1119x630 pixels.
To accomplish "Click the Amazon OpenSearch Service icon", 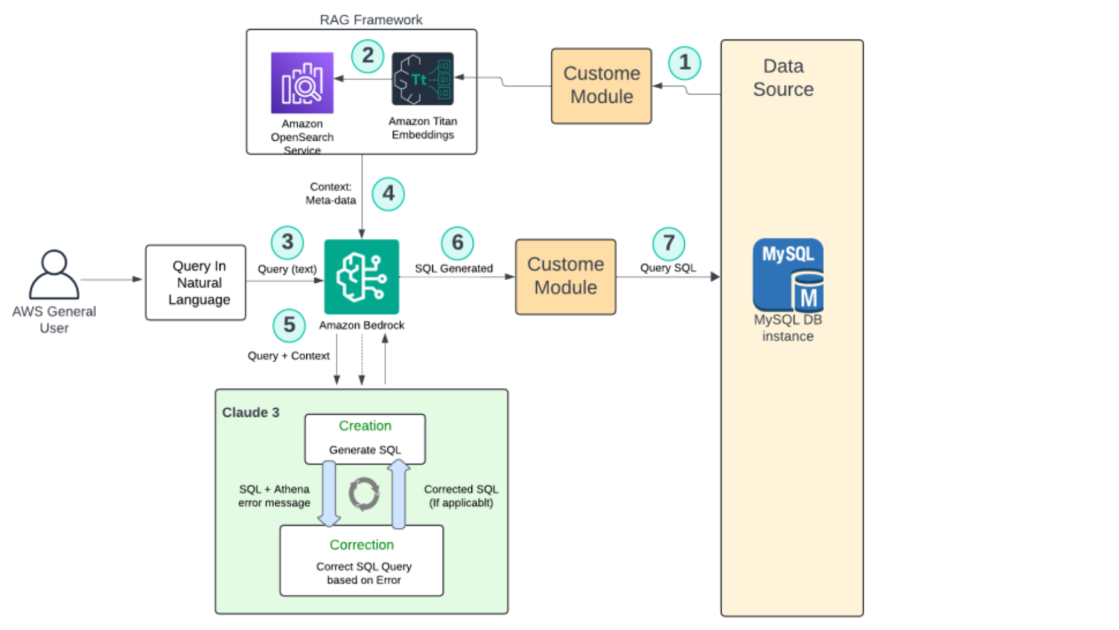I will pos(302,83).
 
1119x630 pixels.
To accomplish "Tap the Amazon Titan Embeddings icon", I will pos(423,79).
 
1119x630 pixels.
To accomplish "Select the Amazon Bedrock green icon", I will pos(361,277).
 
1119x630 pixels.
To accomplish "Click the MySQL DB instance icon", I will pos(788,275).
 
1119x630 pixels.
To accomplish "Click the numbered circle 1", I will pos(685,63).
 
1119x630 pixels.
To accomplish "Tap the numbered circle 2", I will pos(368,55).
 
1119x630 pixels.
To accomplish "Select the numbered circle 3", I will pos(288,242).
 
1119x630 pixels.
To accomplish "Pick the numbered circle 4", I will pos(388,194).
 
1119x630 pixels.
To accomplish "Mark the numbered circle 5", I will pos(289,325).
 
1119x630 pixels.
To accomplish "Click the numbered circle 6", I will pos(458,243).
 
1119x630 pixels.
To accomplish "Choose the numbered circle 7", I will pos(669,243).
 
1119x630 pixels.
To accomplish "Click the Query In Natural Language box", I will pos(196,283).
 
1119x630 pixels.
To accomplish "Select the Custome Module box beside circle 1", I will pos(602,86).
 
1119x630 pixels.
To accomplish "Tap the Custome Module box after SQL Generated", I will pos(566,277).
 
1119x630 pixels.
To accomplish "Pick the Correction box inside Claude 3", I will pos(362,561).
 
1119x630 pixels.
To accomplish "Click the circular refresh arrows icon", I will pos(364,494).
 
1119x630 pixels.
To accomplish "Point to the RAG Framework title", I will pos(371,20).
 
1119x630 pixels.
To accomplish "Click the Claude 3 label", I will pos(251,413).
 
